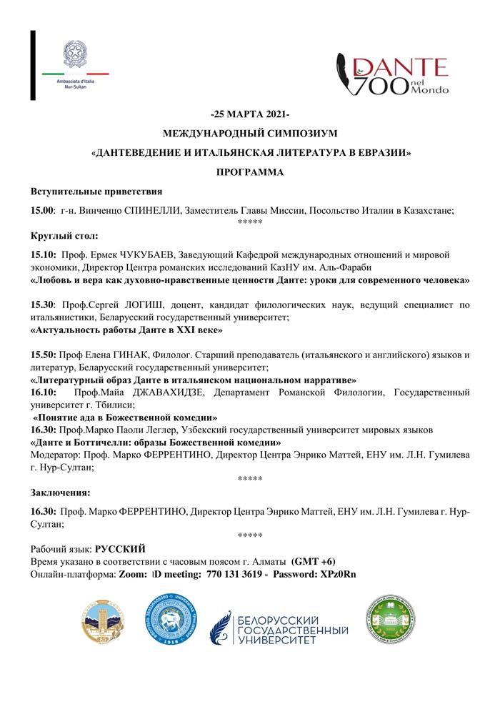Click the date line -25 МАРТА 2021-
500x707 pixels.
click(250, 115)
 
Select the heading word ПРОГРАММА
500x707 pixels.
click(250, 172)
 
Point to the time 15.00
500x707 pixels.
click(42, 210)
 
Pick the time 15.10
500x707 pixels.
click(42, 254)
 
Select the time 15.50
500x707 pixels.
click(42, 355)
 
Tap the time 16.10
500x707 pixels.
click(42, 392)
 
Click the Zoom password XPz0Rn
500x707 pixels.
click(340, 574)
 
